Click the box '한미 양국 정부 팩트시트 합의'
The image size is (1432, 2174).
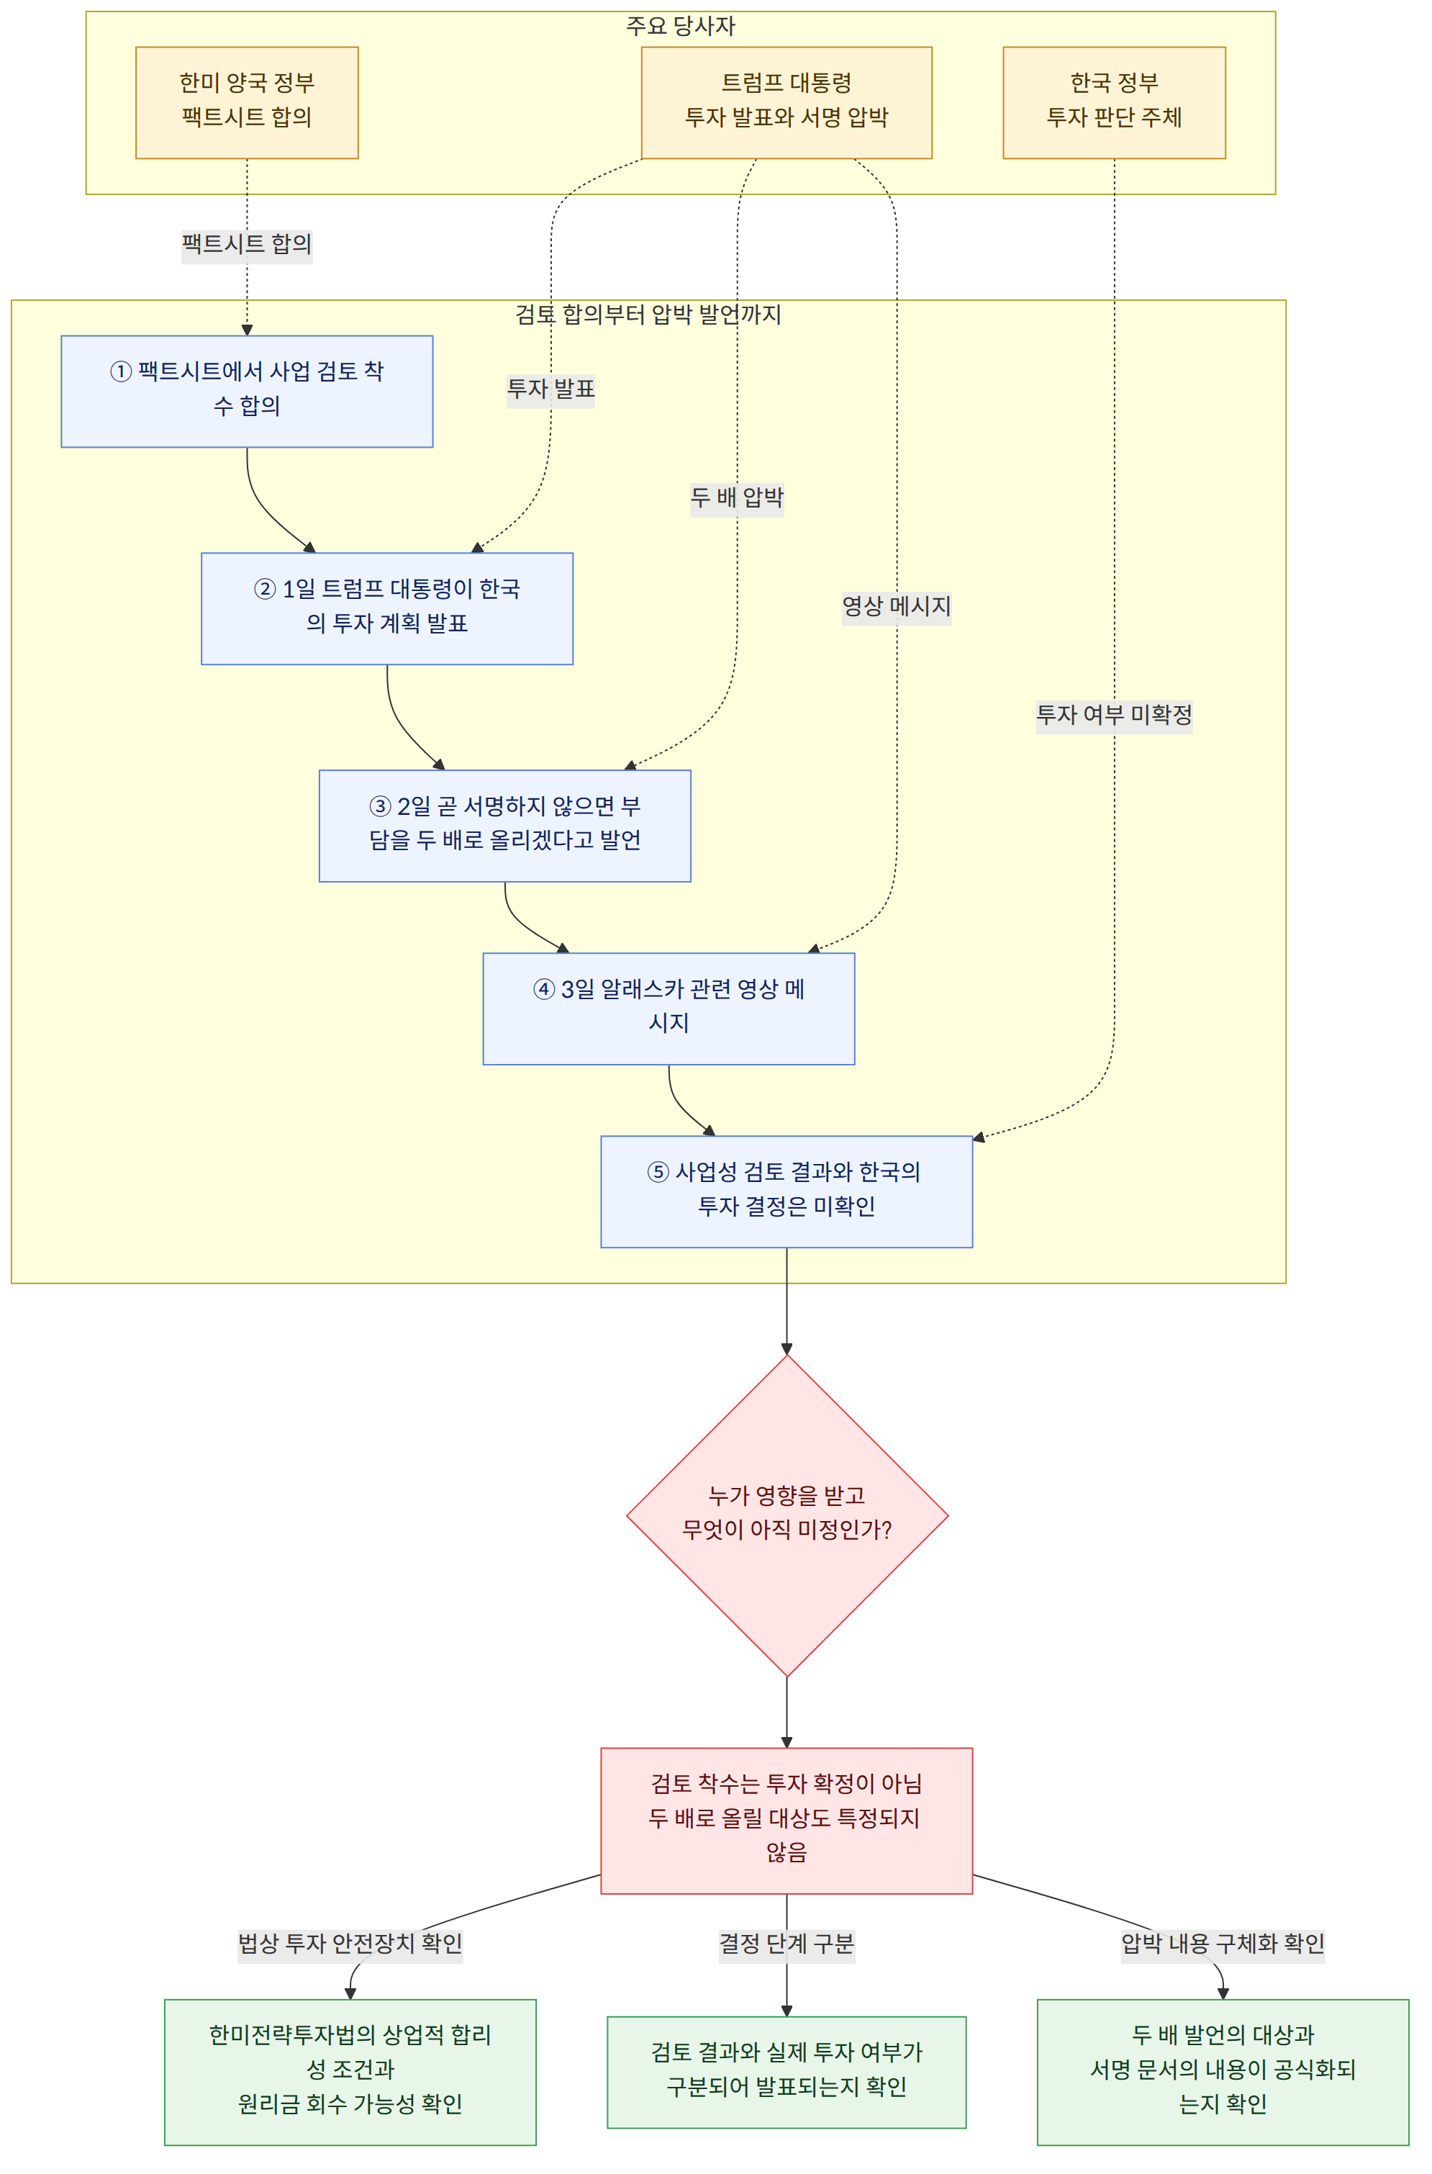[247, 102]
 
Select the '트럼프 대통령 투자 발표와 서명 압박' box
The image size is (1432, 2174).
[787, 102]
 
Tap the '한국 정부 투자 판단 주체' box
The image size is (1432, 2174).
[1114, 102]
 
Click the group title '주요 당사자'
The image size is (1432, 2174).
[681, 26]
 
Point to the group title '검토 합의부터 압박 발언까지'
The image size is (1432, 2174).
[648, 315]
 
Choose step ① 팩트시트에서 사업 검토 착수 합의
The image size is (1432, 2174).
[247, 391]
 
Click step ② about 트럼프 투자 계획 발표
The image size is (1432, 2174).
[387, 608]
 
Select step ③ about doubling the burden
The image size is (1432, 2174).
[505, 826]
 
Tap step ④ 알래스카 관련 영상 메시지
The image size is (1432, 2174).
[669, 1009]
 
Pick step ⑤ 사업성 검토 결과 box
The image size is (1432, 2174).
[787, 1191]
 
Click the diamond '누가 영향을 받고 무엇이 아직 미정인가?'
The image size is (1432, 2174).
[787, 1515]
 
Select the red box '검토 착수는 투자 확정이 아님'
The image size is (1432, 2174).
[787, 1821]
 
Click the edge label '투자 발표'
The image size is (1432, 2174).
[550, 389]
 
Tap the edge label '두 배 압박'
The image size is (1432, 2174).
[737, 498]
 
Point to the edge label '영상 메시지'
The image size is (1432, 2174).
[897, 607]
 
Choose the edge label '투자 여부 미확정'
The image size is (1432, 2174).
[1114, 716]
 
